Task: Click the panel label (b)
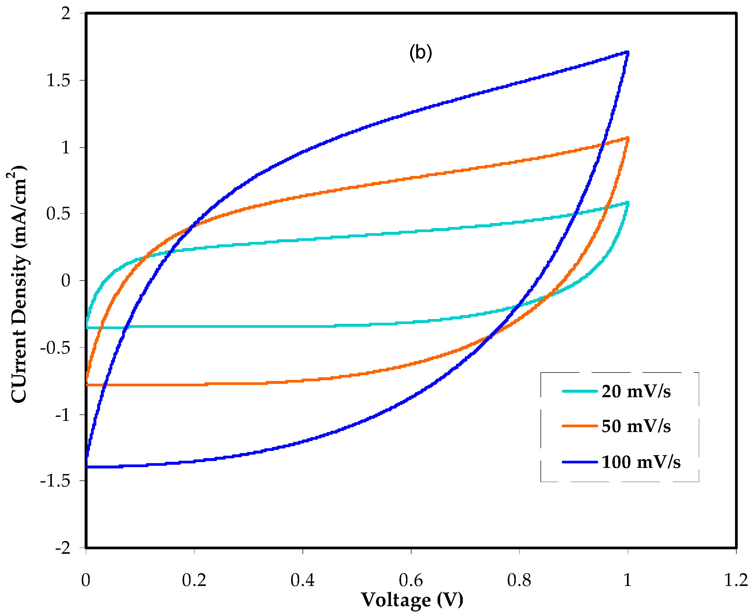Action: pos(420,53)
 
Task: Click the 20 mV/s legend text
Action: pos(636,392)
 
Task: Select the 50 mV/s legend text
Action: pos(636,426)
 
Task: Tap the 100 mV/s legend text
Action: pos(641,462)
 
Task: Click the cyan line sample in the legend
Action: pos(580,391)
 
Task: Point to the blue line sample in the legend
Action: pos(580,462)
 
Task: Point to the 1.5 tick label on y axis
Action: pos(59,81)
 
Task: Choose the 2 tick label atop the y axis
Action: pos(66,14)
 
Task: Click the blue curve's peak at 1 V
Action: pos(627,53)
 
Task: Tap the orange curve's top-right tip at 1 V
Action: pos(628,139)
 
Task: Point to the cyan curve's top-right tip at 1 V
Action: pos(628,203)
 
